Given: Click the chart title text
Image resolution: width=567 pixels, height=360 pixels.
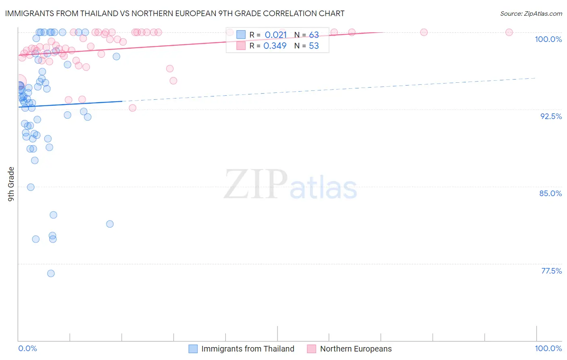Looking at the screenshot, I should tap(175, 13).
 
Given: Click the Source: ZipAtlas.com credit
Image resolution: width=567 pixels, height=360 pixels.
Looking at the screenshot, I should tap(531, 13).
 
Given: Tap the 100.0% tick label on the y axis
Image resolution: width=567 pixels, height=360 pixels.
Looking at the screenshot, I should tap(548, 39).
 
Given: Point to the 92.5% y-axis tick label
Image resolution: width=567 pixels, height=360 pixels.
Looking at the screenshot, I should tap(550, 116).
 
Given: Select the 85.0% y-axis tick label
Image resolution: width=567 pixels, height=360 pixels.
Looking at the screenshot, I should tap(550, 193).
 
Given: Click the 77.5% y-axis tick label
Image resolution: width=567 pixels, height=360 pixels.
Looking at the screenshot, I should tap(551, 271).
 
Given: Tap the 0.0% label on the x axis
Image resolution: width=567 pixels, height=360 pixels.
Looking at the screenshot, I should tap(27, 348).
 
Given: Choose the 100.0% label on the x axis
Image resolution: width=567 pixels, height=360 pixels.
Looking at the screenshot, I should tap(548, 348).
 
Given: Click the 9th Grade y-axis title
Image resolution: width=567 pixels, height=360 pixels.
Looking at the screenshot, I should tap(11, 184).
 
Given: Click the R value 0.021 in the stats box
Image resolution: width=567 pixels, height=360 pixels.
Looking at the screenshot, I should tap(275, 35).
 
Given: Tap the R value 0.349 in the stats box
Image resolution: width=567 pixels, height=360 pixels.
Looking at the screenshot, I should tap(275, 46).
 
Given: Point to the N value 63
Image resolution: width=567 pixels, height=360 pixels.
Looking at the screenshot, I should tap(314, 35).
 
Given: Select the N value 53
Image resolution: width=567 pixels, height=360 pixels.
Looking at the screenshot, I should tap(314, 46).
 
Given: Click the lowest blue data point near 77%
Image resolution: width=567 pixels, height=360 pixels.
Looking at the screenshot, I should tap(51, 274).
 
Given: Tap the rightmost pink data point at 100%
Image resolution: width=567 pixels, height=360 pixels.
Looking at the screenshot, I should tap(509, 32).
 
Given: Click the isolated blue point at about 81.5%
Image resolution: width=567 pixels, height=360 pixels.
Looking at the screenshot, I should tap(110, 224).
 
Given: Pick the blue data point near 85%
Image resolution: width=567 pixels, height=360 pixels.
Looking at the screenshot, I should tap(31, 187).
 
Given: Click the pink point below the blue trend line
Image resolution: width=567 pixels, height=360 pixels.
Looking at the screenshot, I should tap(132, 108).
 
